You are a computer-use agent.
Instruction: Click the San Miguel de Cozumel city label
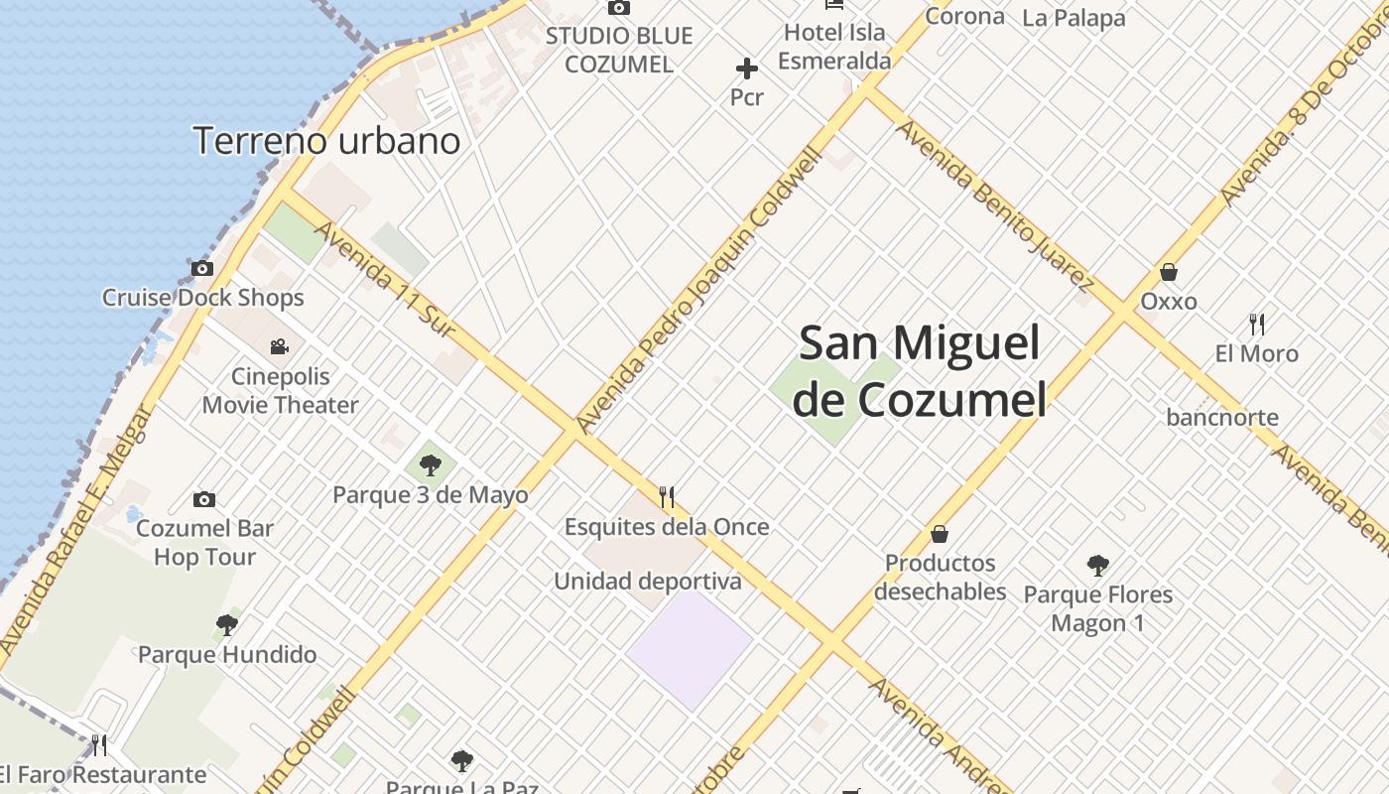click(x=921, y=371)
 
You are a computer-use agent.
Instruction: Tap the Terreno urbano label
click(x=326, y=141)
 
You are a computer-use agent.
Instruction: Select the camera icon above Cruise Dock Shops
click(x=202, y=268)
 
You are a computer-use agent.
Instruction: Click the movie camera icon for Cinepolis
click(x=280, y=346)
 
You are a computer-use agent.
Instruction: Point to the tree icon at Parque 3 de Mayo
click(x=430, y=464)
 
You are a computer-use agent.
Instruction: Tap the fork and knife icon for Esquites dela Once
click(x=667, y=496)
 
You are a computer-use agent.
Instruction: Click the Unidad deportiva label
click(x=647, y=581)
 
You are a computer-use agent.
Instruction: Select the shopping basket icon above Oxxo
click(x=1169, y=272)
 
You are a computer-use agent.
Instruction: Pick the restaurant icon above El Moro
click(x=1257, y=324)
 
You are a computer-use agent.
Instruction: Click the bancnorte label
click(x=1222, y=417)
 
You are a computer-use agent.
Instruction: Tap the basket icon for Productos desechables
click(x=940, y=534)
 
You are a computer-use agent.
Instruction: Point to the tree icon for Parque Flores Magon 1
click(x=1097, y=566)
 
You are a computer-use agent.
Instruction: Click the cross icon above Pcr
click(x=747, y=68)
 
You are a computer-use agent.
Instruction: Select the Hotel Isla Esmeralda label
click(x=833, y=46)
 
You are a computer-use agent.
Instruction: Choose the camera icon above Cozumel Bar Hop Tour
click(x=204, y=499)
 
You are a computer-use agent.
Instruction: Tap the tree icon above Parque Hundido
click(x=227, y=625)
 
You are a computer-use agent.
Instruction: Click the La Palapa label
click(x=1073, y=18)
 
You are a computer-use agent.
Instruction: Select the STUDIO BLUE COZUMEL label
click(x=619, y=50)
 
